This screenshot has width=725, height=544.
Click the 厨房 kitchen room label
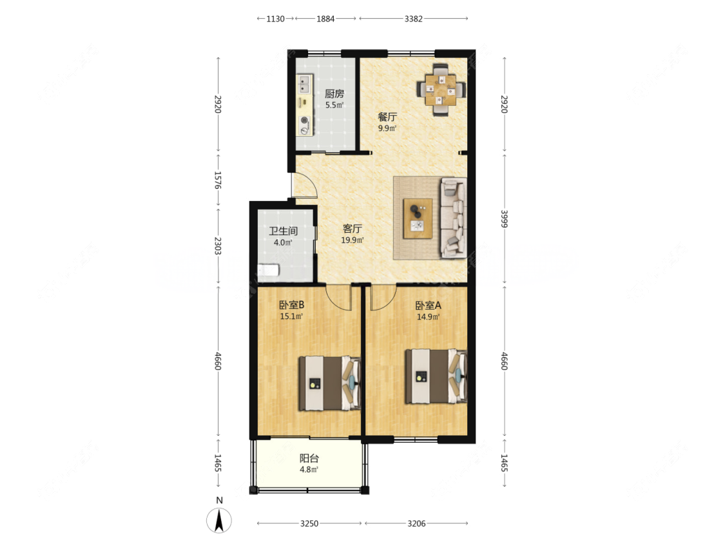(334, 94)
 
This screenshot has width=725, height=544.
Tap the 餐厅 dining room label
(387, 117)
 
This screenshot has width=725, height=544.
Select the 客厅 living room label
(353, 229)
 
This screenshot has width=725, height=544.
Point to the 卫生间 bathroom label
(284, 231)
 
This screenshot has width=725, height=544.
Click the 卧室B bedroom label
(291, 305)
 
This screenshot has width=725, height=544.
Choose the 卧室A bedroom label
(428, 306)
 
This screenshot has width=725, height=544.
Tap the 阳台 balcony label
(309, 458)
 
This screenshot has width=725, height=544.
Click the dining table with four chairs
(441, 90)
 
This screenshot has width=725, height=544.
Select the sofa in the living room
(453, 217)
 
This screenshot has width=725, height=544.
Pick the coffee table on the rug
(418, 219)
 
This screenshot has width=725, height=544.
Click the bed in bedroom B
(329, 384)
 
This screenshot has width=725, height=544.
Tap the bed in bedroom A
(436, 376)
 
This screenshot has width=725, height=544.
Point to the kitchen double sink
(304, 84)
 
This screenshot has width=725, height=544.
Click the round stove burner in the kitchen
(304, 121)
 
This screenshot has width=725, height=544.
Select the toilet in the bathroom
(268, 269)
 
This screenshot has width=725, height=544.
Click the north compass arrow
(219, 520)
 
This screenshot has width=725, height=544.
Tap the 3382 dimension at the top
(413, 19)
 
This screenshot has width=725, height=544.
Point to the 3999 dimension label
(505, 219)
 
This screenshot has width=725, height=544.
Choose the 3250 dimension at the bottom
(309, 523)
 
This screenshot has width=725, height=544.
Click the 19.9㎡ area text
(353, 240)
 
